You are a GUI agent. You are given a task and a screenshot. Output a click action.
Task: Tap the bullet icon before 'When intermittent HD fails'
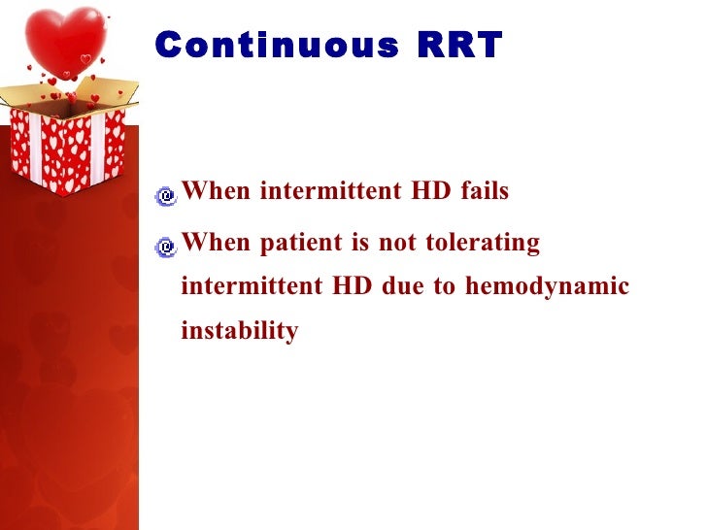click(166, 196)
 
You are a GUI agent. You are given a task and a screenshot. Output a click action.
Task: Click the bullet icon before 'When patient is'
click(166, 247)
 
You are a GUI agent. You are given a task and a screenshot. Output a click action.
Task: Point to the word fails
click(484, 191)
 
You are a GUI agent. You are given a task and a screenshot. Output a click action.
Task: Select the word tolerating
click(483, 243)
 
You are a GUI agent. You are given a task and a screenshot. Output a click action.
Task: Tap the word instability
click(239, 332)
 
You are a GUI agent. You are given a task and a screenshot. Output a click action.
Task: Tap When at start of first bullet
click(217, 191)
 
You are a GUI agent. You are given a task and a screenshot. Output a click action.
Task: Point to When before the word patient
click(217, 243)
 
